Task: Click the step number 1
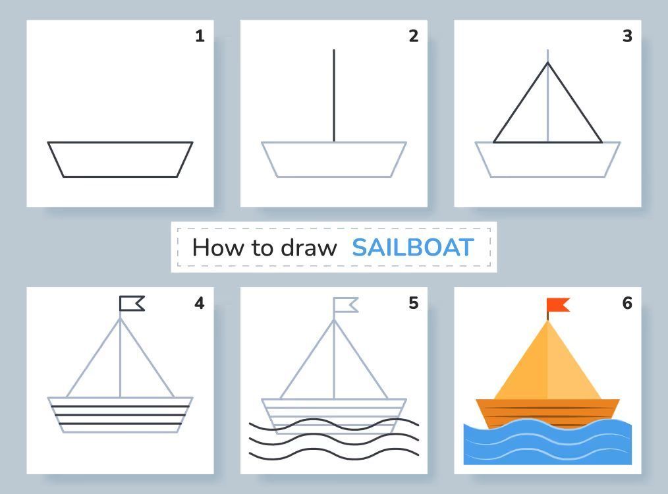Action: click(200, 36)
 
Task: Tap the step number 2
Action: click(414, 36)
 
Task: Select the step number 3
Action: click(627, 36)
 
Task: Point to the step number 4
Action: click(200, 303)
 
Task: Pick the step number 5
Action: click(414, 303)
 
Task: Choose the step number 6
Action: click(627, 303)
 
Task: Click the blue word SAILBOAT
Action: click(413, 248)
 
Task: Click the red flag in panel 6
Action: click(558, 305)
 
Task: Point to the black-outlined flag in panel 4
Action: click(132, 304)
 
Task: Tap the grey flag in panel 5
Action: click(345, 305)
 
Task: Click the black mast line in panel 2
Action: click(334, 96)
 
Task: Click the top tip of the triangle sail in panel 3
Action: click(548, 63)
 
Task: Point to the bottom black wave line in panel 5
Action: click(334, 454)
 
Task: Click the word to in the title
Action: click(262, 248)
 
